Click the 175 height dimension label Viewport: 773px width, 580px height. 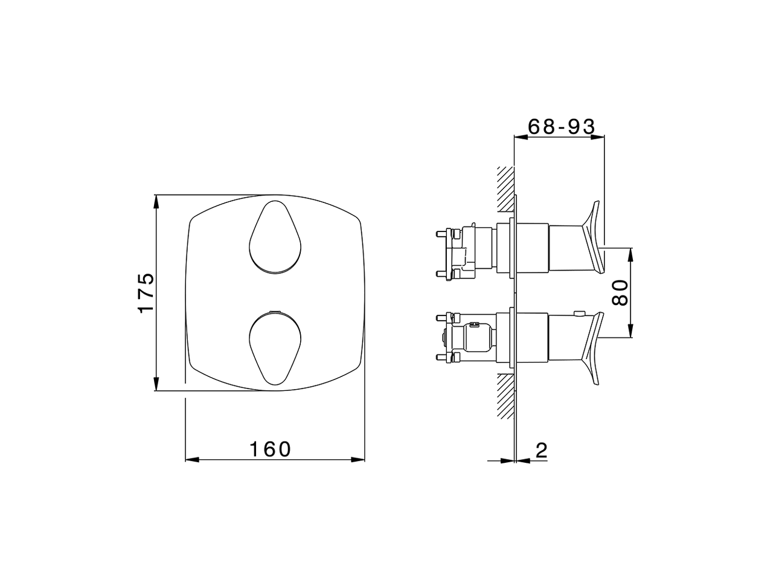146,292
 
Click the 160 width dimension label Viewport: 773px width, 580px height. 270,449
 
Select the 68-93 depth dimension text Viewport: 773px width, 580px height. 562,126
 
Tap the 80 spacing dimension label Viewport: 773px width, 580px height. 620,292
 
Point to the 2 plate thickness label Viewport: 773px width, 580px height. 541,450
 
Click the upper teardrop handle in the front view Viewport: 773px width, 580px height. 275,237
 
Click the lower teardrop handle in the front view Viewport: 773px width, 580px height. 275,348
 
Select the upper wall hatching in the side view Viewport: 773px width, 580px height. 505,190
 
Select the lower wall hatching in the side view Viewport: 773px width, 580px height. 505,396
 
